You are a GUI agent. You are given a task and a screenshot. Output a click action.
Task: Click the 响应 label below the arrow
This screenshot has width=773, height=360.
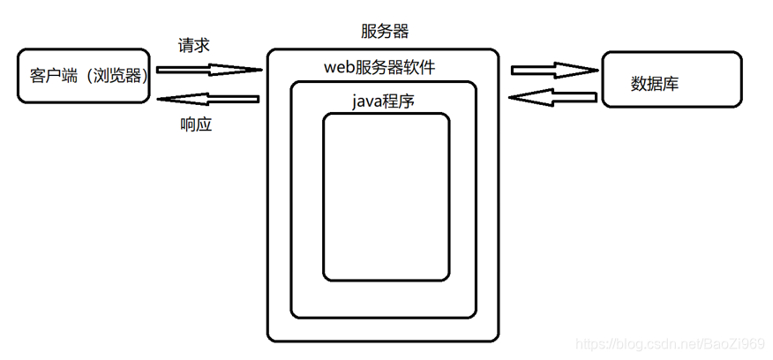coord(195,124)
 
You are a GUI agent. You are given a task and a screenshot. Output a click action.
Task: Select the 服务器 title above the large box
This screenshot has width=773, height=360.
coord(385,32)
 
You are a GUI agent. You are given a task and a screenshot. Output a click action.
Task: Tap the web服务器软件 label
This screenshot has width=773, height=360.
coord(379,68)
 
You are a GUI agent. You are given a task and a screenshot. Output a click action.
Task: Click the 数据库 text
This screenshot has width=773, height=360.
coord(655,84)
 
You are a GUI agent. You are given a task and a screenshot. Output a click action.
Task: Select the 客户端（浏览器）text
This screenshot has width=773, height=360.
coord(83,76)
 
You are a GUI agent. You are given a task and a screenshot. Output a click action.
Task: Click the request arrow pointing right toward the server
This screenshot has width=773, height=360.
coord(209,68)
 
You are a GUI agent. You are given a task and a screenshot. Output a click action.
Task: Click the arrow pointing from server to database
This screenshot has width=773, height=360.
coord(552,69)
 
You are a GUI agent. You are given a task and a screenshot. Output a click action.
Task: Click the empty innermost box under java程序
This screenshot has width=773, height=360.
coord(386,194)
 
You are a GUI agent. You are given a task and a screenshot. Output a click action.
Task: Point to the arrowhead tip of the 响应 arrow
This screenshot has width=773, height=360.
coord(159,99)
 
